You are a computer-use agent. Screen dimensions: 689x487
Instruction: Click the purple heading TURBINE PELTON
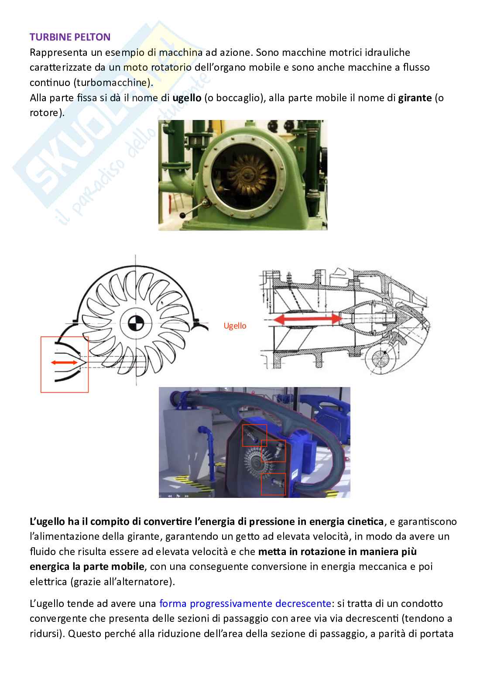click(70, 37)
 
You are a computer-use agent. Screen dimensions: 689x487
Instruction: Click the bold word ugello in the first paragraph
click(187, 98)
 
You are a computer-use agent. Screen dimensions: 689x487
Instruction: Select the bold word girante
click(414, 98)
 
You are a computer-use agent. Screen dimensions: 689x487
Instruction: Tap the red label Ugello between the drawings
click(235, 326)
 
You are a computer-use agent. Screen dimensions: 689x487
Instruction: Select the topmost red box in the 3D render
click(254, 435)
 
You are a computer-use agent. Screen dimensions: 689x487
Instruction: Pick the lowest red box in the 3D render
click(273, 484)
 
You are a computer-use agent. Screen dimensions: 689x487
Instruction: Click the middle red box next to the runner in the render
click(273, 451)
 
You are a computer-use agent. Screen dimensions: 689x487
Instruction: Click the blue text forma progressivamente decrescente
click(245, 603)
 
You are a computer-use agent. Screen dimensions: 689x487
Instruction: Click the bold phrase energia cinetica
click(346, 521)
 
